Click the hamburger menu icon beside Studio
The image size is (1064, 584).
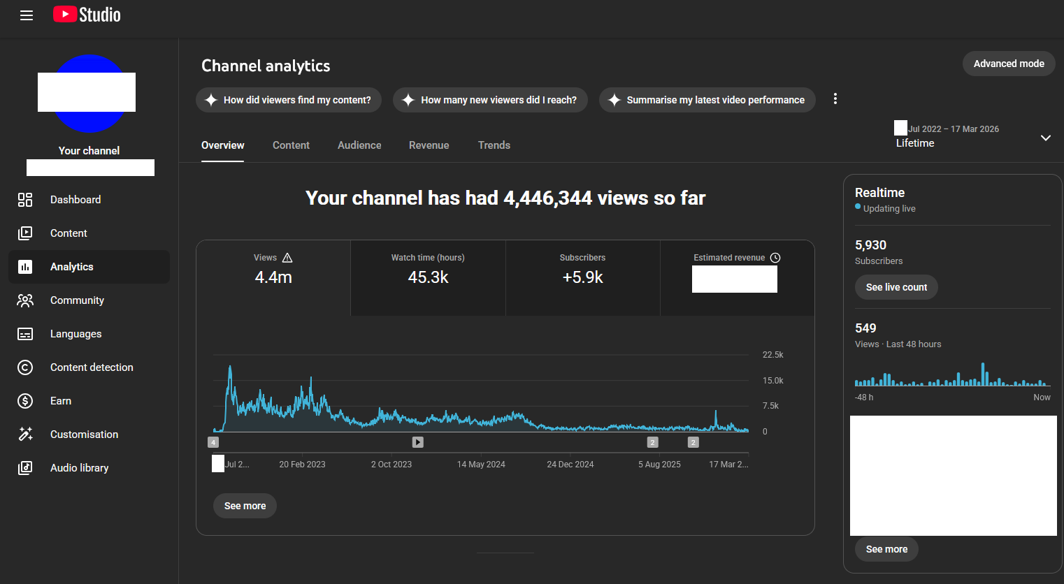coord(27,15)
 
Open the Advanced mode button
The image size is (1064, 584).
coord(1009,64)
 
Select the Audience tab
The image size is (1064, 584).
coord(359,145)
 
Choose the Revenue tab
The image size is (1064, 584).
coord(429,145)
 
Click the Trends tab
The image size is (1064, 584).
coord(494,145)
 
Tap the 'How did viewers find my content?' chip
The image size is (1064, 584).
coord(289,100)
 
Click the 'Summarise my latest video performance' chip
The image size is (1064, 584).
coord(707,100)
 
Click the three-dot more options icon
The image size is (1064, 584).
coord(835,98)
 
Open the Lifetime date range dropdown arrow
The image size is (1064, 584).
coord(1046,138)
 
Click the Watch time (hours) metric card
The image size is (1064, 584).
coord(428,278)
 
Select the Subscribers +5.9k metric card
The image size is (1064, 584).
coord(583,278)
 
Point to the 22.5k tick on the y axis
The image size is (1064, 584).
coord(772,355)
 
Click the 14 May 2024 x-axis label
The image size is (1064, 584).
coord(481,465)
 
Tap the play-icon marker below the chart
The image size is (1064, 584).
coord(417,442)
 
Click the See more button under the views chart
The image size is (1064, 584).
coord(245,506)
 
